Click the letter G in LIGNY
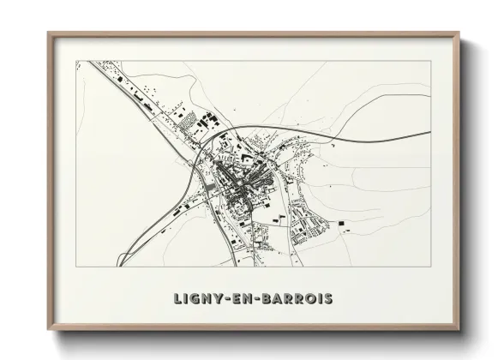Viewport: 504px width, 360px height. click(191, 299)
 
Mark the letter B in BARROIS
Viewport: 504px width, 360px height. click(260, 299)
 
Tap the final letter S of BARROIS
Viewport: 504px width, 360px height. click(328, 299)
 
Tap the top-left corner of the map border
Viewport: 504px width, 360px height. click(76, 61)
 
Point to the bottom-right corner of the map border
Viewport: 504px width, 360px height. click(431, 266)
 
